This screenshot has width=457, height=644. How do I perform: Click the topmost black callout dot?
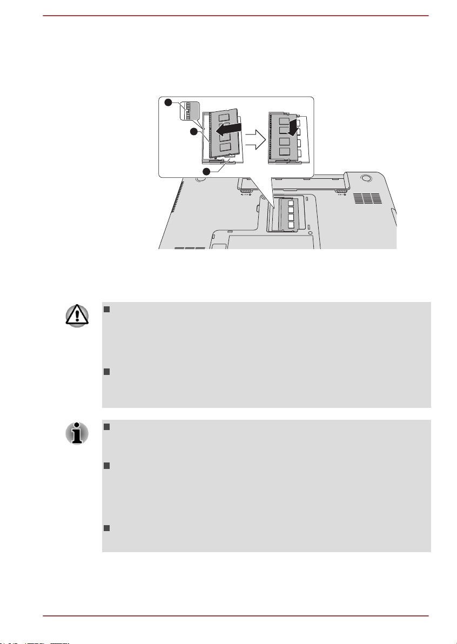coord(169,103)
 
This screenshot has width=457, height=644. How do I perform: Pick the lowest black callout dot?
coord(207,171)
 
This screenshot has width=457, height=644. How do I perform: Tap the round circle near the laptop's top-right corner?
coord(365,178)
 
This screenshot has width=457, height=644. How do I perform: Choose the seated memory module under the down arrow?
coord(285,139)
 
